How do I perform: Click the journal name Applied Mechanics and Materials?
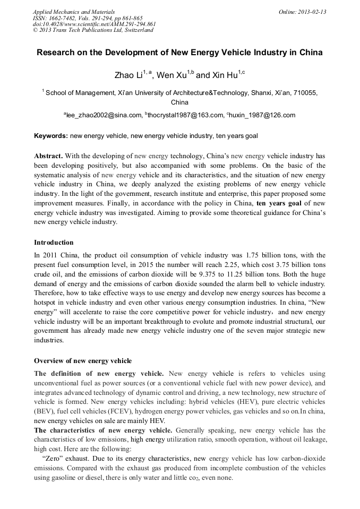74,12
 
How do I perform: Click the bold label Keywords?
50,136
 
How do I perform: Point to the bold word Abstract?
48,157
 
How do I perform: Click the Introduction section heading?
54,243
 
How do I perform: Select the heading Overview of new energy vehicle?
83,361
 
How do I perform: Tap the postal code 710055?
306,93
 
